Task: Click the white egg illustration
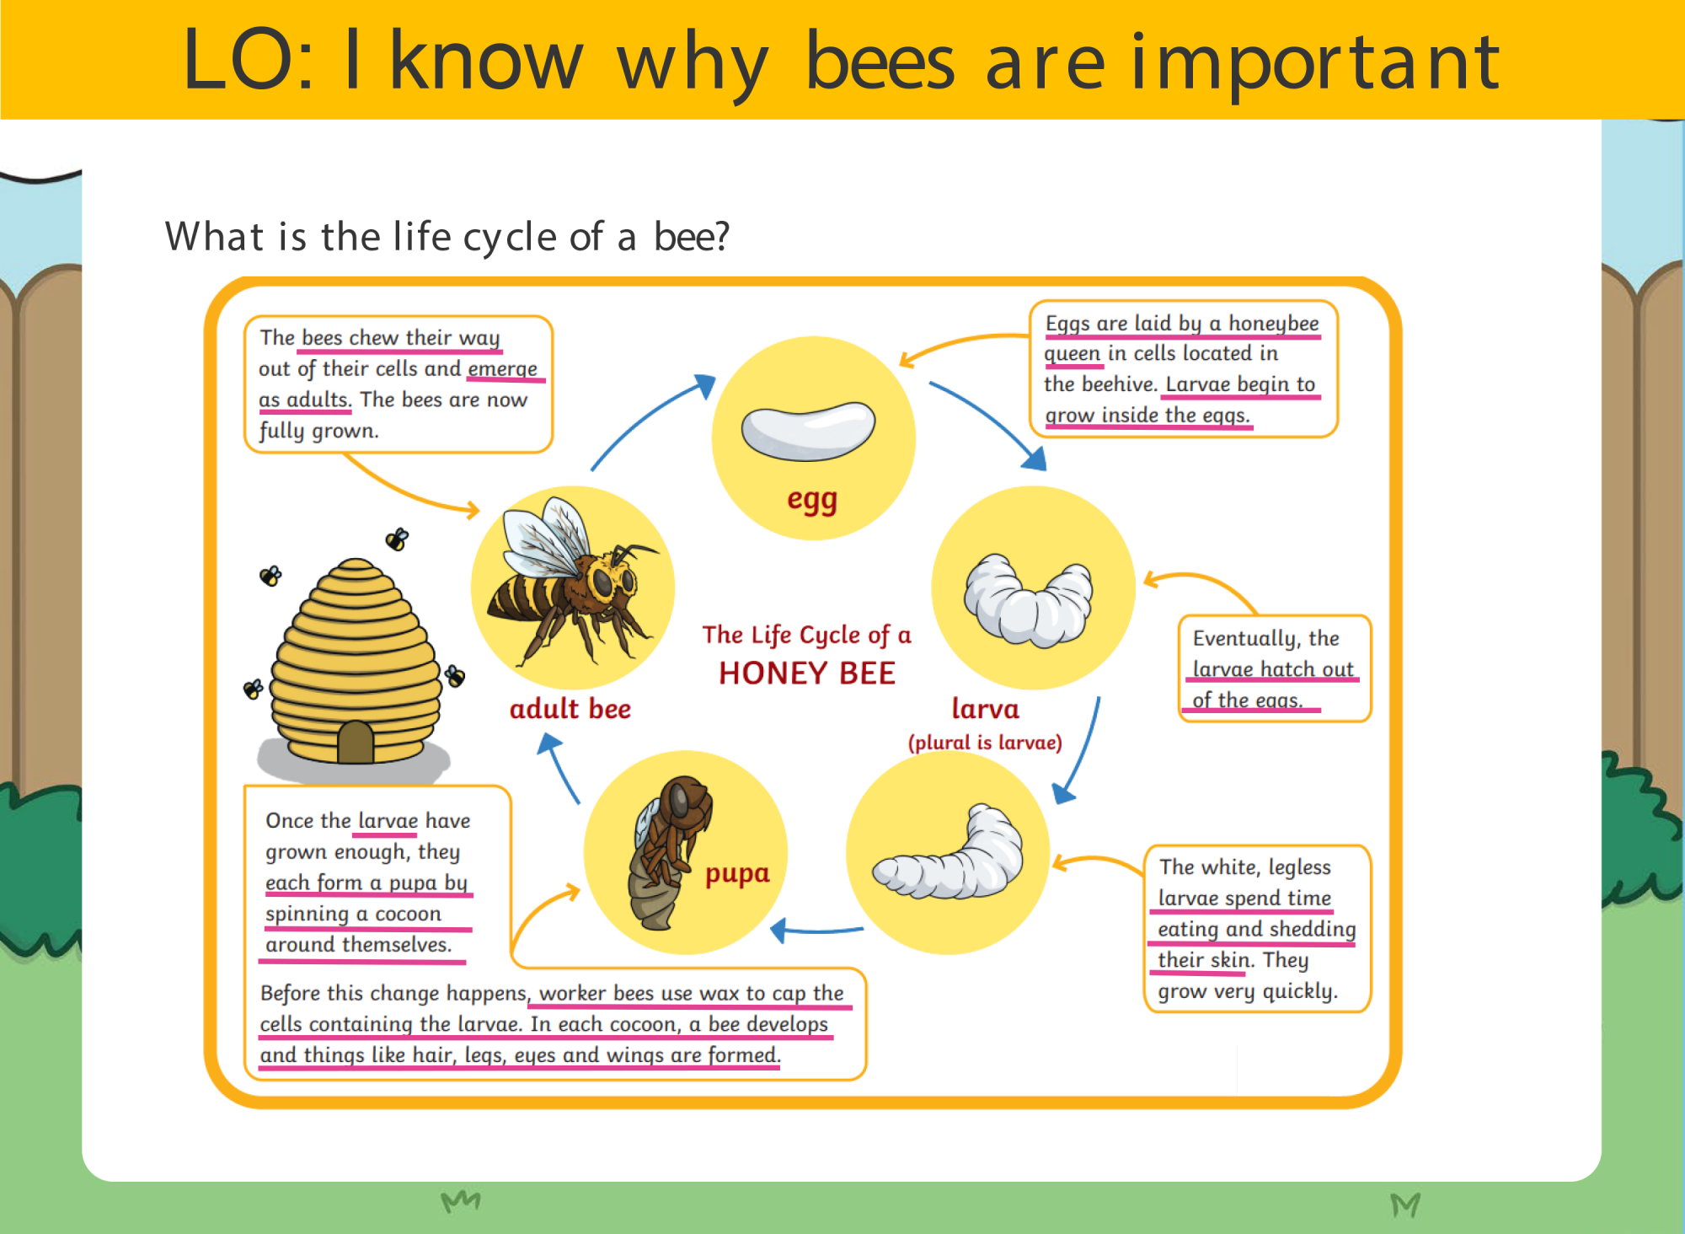coord(808,431)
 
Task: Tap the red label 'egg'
coord(812,501)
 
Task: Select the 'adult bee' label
coord(570,709)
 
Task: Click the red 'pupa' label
coord(737,874)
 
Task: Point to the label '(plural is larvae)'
coord(985,743)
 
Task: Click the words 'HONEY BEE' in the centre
coord(807,673)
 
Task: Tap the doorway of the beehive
coord(356,742)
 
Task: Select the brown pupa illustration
coord(669,853)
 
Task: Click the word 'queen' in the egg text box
coord(1073,354)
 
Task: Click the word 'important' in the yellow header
coord(1314,62)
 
